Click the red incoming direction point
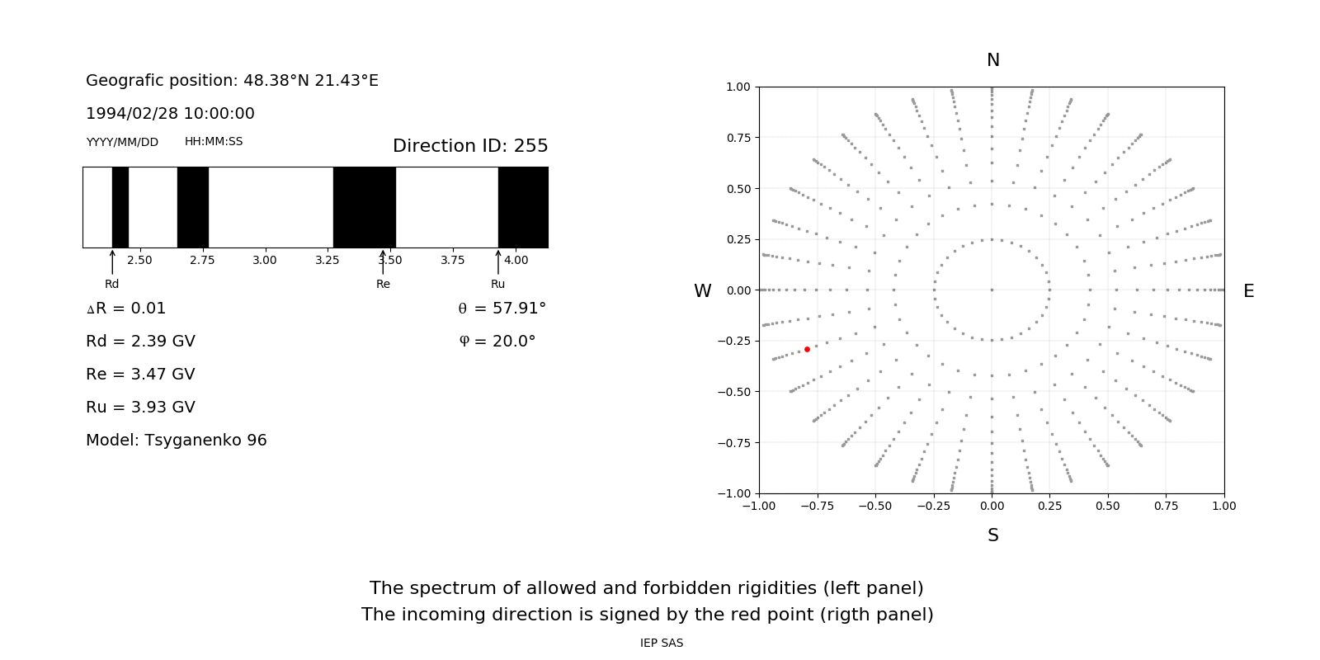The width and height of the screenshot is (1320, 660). tap(807, 350)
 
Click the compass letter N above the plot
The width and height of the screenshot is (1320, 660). tap(993, 60)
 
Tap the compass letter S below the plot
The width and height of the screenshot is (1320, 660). tap(993, 535)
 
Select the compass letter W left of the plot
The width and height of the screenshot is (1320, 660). tap(702, 291)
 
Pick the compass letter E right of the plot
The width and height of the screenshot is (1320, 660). tap(1248, 291)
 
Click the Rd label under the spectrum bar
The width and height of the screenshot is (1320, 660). tap(111, 284)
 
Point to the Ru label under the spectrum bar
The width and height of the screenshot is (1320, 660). tap(497, 284)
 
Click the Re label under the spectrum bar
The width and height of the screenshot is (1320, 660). tap(383, 284)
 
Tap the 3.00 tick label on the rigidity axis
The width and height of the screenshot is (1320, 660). tap(265, 260)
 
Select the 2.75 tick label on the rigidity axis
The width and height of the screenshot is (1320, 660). tap(202, 260)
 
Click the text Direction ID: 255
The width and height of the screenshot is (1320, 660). tap(470, 146)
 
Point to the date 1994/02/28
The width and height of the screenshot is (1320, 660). tap(129, 114)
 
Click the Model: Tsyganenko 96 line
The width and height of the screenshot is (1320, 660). tap(177, 441)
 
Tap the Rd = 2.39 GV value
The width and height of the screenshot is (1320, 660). tap(140, 342)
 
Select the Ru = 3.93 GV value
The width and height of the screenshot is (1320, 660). tap(140, 408)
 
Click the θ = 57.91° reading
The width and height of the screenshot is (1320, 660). tap(502, 309)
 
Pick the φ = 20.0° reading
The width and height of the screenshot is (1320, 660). tap(497, 342)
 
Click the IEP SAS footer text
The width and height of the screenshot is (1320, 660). tap(662, 643)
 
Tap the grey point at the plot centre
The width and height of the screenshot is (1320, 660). tap(992, 290)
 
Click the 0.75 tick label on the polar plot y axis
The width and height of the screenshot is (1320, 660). tap(738, 138)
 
